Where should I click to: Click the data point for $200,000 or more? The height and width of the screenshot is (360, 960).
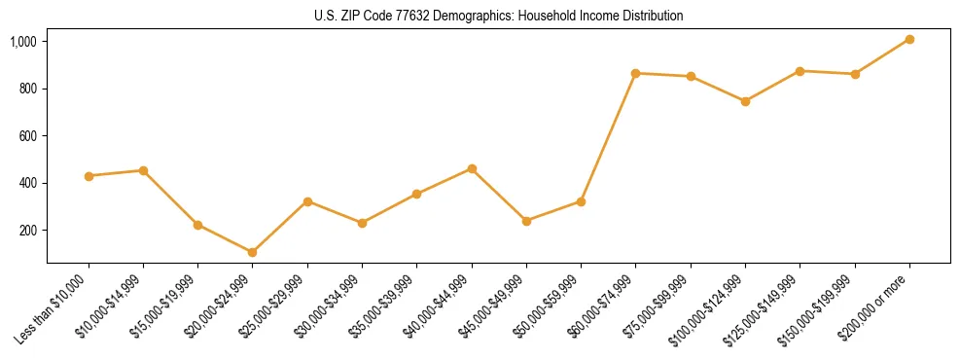pyautogui.click(x=909, y=39)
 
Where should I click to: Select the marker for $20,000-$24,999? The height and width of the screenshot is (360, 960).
pyautogui.click(x=253, y=252)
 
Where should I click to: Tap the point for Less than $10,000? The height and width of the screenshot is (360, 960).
pyautogui.click(x=89, y=176)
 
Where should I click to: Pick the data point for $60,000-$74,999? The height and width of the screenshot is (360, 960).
pyautogui.click(x=635, y=73)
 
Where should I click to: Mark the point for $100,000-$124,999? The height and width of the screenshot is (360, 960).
pyautogui.click(x=745, y=101)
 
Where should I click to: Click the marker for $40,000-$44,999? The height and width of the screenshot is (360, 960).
pyautogui.click(x=472, y=168)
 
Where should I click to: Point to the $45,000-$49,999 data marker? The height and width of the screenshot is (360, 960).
pyautogui.click(x=526, y=221)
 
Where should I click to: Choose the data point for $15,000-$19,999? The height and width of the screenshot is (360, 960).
pyautogui.click(x=197, y=225)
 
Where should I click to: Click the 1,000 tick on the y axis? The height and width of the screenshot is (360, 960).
pyautogui.click(x=23, y=42)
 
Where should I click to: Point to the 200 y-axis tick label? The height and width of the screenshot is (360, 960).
pyautogui.click(x=28, y=231)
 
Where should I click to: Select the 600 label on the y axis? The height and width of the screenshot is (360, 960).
pyautogui.click(x=28, y=136)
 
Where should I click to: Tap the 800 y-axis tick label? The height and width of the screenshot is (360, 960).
pyautogui.click(x=28, y=89)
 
